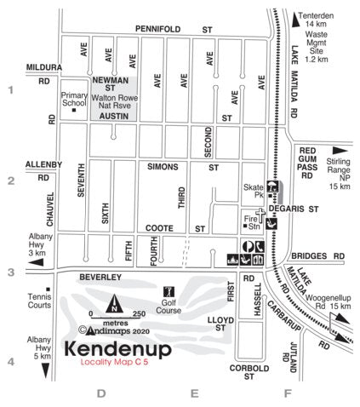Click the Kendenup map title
pyautogui.click(x=117, y=350)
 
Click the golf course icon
pyautogui.click(x=169, y=292)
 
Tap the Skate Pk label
pyautogui.click(x=252, y=189)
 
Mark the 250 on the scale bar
pyautogui.click(x=138, y=314)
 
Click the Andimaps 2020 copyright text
pyautogui.click(x=114, y=331)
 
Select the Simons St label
pyautogui.click(x=184, y=167)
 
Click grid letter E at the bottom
pyautogui.click(x=194, y=393)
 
